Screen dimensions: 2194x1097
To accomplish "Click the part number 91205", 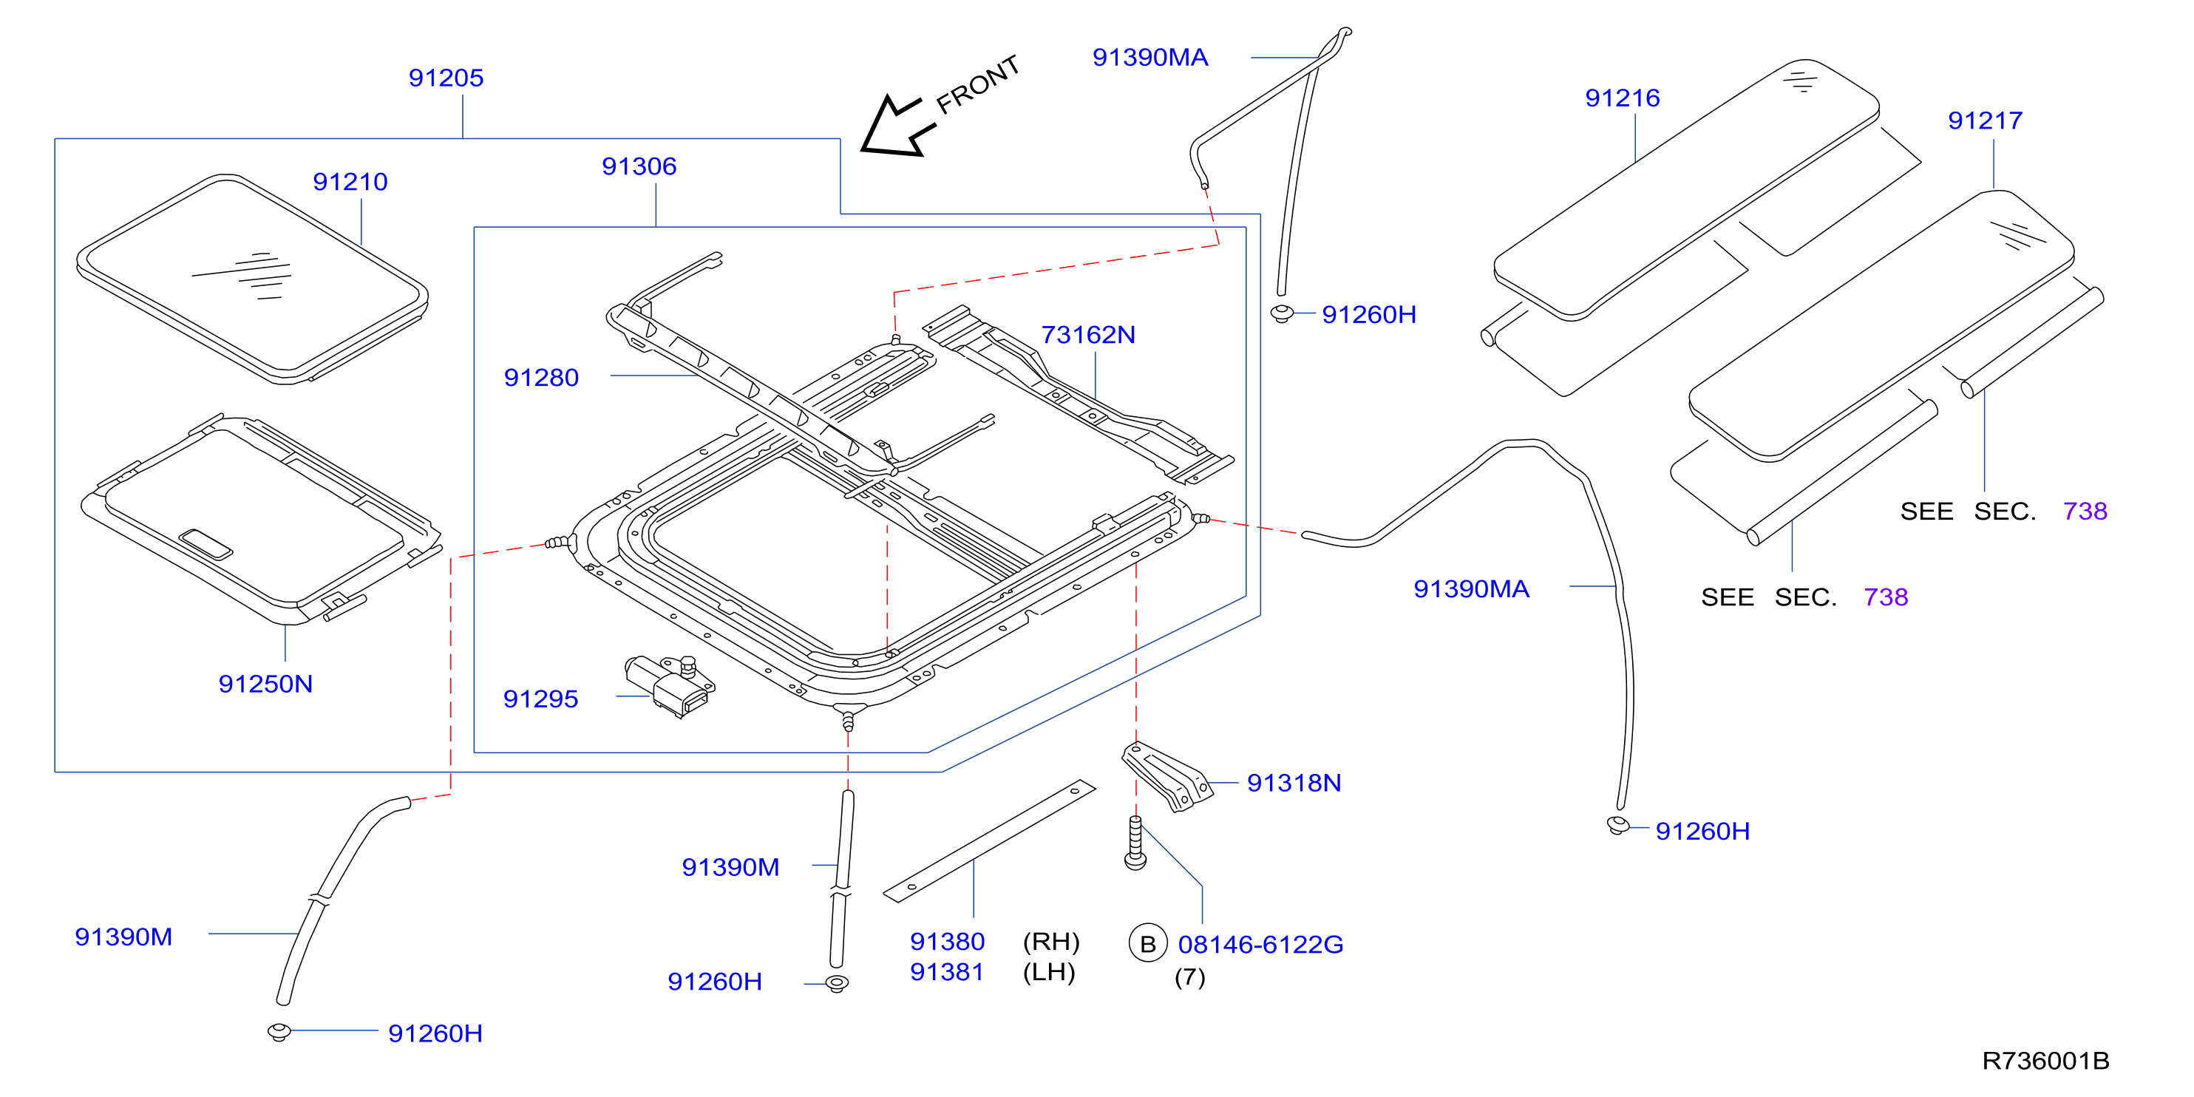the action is tap(446, 78).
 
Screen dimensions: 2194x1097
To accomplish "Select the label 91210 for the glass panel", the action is tap(350, 183).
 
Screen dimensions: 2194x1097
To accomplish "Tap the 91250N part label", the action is tap(265, 684).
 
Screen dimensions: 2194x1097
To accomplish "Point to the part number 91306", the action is tap(639, 167).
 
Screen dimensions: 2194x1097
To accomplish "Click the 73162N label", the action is tap(1087, 336).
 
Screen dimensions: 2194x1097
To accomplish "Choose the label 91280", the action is tap(541, 378).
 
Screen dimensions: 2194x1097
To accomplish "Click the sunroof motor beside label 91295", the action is tap(670, 686).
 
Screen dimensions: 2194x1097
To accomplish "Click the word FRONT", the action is tap(978, 84).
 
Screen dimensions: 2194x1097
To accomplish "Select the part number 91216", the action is tap(1623, 99).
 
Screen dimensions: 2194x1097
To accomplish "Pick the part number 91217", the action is tap(1986, 121).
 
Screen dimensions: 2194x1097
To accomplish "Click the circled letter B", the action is tap(1148, 944).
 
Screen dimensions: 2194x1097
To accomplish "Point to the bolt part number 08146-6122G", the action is tap(1260, 945).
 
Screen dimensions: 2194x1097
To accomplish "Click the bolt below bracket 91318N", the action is tap(1135, 843).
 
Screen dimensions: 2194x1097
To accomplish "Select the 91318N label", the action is tap(1294, 784).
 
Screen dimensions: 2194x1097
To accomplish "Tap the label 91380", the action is tap(947, 942).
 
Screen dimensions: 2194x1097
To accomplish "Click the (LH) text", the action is tap(1049, 973).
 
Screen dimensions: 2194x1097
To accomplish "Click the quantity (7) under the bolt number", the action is tap(1190, 978).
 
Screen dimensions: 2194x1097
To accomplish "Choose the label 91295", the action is tap(541, 699).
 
